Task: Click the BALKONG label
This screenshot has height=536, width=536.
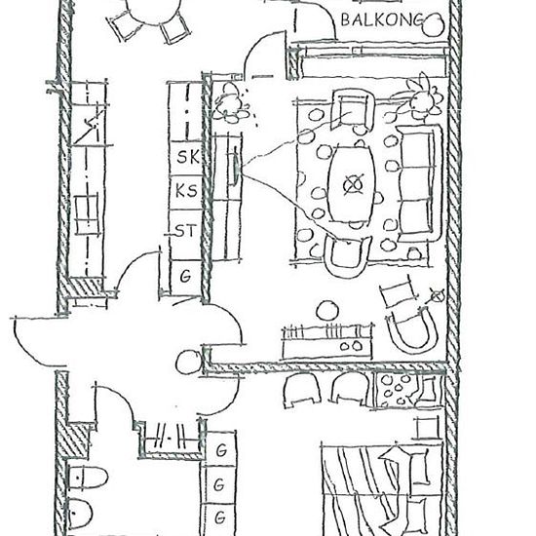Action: click(382, 19)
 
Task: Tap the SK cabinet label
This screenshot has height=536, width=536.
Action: click(188, 157)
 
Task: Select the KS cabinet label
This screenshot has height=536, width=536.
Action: click(186, 190)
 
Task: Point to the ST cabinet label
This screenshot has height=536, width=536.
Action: click(185, 231)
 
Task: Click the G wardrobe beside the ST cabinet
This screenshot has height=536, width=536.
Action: click(185, 276)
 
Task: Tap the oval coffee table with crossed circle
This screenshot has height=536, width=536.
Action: click(352, 184)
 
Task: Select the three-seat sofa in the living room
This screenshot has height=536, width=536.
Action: click(419, 183)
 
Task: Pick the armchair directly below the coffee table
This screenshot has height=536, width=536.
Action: click(347, 256)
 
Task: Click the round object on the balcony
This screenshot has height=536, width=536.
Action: click(434, 24)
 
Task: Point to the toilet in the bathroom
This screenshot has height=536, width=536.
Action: click(87, 478)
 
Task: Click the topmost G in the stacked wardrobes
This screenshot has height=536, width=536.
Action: click(221, 450)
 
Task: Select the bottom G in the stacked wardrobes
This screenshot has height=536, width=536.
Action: click(220, 517)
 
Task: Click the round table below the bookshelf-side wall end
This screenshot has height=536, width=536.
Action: click(189, 362)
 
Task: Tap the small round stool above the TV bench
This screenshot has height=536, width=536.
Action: click(327, 311)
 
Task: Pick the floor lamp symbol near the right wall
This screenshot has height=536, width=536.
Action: click(437, 295)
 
